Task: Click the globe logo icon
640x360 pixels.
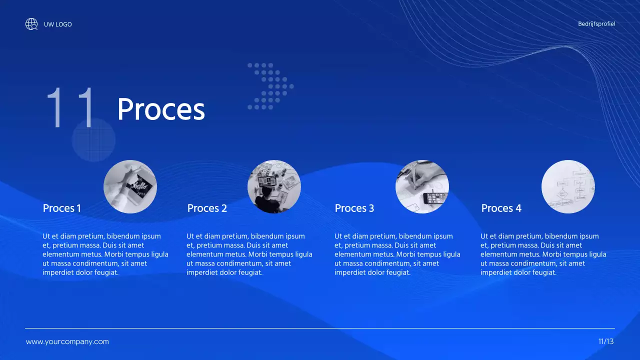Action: click(x=31, y=24)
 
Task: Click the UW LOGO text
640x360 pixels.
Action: click(x=57, y=24)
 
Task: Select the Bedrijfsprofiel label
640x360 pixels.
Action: click(x=596, y=23)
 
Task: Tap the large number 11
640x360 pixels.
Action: click(x=70, y=107)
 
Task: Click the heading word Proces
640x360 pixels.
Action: click(x=161, y=109)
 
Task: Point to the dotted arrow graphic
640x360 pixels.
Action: click(x=270, y=86)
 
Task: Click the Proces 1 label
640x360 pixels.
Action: click(x=62, y=208)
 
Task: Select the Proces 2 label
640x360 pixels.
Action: click(x=207, y=208)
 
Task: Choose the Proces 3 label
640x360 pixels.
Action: click(x=354, y=208)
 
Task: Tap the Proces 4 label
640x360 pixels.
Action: click(x=501, y=208)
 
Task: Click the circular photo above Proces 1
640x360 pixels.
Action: click(x=130, y=186)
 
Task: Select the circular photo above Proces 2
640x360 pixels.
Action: click(x=274, y=186)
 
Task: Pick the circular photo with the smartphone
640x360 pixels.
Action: click(x=422, y=186)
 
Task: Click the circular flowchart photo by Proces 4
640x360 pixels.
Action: click(x=568, y=186)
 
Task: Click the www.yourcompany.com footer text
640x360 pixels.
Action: click(x=67, y=342)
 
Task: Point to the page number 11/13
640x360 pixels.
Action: click(x=606, y=341)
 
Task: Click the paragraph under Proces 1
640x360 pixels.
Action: click(x=105, y=254)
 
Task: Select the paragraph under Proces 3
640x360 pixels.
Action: click(x=397, y=254)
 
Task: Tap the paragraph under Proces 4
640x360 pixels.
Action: click(x=543, y=254)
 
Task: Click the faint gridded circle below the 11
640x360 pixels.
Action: click(x=93, y=140)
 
